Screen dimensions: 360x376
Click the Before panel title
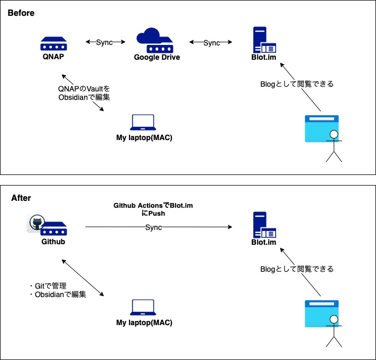21,13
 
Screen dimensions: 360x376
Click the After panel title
21,198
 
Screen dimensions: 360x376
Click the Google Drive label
157,57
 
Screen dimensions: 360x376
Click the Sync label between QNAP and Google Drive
104,42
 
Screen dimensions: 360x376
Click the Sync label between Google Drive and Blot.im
211,42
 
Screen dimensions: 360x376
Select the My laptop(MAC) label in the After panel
144,322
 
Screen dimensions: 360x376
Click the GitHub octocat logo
36,223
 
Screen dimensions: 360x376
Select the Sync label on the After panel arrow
153,227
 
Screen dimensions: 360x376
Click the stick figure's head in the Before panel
333,134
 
